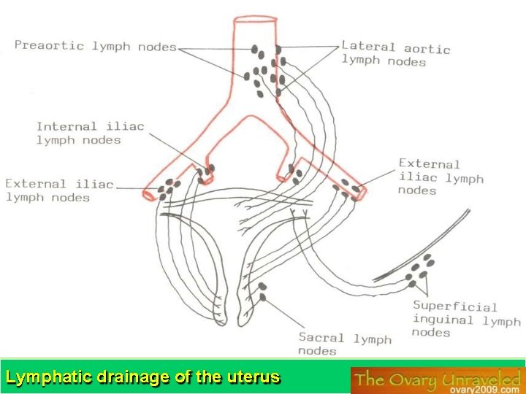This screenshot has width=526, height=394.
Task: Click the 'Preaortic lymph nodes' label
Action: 96,46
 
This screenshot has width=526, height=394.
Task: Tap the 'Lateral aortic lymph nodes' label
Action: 395,55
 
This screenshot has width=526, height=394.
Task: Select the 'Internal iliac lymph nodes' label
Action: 90,133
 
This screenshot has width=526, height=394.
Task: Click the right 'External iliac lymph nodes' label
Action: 441,177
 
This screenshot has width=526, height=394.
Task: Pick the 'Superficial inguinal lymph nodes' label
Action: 466,320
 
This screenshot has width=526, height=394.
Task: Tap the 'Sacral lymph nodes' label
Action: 345,344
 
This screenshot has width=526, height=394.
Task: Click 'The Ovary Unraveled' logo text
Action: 437,378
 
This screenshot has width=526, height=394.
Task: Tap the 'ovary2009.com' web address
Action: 483,388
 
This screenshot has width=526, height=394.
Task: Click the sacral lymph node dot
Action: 262,287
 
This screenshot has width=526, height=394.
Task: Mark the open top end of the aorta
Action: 254,18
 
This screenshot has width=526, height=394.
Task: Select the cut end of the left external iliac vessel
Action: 150,195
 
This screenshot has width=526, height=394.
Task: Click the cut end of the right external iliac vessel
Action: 361,193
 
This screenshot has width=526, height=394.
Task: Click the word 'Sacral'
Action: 321,338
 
